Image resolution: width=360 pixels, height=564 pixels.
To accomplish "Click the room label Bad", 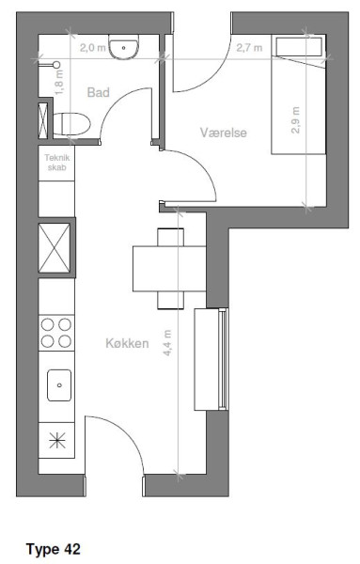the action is click(98, 92).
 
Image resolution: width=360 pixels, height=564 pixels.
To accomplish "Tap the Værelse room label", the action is click(224, 133).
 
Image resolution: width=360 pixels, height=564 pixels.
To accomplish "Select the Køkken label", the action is click(127, 343).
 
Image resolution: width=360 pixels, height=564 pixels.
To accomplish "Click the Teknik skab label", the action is click(56, 163).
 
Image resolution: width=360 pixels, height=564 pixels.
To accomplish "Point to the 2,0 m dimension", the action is click(93, 47).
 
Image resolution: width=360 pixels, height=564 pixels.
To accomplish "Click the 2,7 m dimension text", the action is click(249, 47).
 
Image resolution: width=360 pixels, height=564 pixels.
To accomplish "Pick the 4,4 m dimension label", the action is click(167, 343).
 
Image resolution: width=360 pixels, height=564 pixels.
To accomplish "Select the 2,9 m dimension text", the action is click(295, 120).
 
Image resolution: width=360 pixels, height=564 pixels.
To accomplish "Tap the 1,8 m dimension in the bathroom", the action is click(59, 82).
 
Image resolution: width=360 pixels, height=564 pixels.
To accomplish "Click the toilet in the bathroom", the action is click(71, 124).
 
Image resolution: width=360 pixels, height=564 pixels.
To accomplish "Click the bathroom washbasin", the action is click(123, 47).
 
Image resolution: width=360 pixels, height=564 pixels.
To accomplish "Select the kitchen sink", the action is click(59, 385).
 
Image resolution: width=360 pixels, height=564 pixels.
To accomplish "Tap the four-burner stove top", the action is click(56, 333).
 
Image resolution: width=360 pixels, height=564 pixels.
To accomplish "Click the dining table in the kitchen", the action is click(169, 269).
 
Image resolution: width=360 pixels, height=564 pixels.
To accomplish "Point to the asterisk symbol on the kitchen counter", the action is click(57, 441).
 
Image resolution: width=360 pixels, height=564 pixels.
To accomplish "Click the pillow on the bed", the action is click(298, 46).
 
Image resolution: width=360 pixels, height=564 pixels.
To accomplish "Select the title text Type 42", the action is click(54, 549).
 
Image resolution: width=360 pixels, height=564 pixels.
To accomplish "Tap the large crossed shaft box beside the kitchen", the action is click(55, 247).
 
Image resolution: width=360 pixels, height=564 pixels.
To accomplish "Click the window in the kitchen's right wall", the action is click(224, 359).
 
